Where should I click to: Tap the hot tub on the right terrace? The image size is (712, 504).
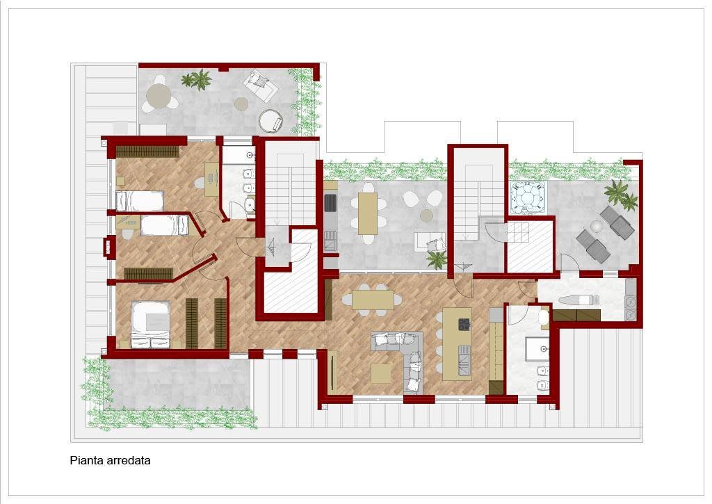pyautogui.click(x=528, y=197)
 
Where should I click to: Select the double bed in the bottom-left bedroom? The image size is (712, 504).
pyautogui.click(x=151, y=325)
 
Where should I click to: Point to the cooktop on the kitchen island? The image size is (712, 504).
pyautogui.click(x=464, y=324)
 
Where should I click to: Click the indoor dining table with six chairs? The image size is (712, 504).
pyautogui.click(x=373, y=300)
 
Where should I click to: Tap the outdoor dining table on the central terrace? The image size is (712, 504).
pyautogui.click(x=368, y=213)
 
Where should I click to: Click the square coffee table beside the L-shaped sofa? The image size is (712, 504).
pyautogui.click(x=381, y=373)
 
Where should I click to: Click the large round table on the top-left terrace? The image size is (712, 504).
pyautogui.click(x=159, y=95)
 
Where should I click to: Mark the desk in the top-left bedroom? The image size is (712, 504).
pyautogui.click(x=211, y=179)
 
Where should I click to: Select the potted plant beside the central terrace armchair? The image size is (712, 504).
pyautogui.click(x=437, y=260)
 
